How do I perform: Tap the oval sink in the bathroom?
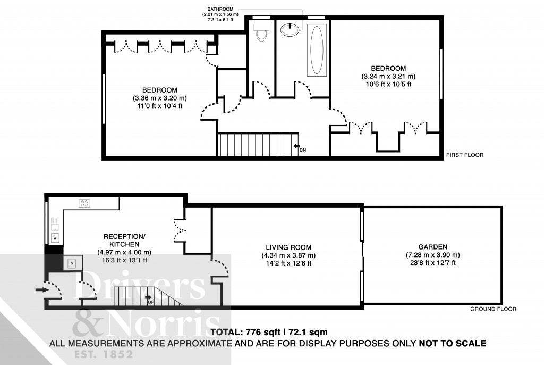pyautogui.click(x=290, y=29)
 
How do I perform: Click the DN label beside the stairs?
pyautogui.click(x=303, y=150)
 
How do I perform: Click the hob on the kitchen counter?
pyautogui.click(x=84, y=202)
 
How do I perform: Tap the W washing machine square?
pyautogui.click(x=54, y=238)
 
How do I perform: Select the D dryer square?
pyautogui.click(x=71, y=262)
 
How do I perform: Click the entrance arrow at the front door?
pyautogui.click(x=40, y=290)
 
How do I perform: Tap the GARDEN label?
pyautogui.click(x=432, y=247)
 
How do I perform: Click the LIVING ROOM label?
pyautogui.click(x=289, y=247)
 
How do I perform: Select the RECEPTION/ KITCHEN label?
pyautogui.click(x=124, y=239)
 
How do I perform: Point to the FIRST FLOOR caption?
pyautogui.click(x=465, y=155)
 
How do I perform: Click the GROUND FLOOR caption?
pyautogui.click(x=494, y=309)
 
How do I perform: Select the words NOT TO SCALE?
pyautogui.click(x=452, y=343)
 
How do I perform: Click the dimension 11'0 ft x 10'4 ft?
pyautogui.click(x=159, y=106)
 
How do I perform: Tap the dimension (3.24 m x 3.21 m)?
pyautogui.click(x=388, y=76)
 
